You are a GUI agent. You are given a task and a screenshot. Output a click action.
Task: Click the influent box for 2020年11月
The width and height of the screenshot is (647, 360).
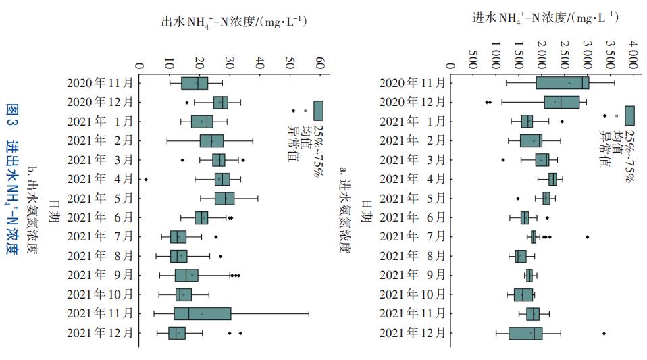click(x=563, y=83)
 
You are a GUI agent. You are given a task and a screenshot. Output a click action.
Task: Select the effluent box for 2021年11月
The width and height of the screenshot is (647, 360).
click(x=203, y=313)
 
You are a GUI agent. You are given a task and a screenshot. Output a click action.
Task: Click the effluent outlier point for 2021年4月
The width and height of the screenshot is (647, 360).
click(x=146, y=179)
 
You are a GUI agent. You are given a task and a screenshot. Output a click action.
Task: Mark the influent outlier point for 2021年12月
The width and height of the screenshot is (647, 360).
click(x=604, y=334)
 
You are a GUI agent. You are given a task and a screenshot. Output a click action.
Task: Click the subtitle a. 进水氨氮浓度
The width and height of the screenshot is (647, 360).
click(x=345, y=209)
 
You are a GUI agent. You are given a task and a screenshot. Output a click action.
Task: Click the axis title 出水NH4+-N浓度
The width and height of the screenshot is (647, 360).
click(x=234, y=22)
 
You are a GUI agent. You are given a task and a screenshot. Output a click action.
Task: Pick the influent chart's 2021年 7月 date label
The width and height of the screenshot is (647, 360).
click(x=413, y=237)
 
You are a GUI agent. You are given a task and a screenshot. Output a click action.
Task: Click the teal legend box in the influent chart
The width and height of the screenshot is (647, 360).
click(x=629, y=115)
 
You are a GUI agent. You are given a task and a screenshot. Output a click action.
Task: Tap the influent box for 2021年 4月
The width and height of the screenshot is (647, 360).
click(x=552, y=179)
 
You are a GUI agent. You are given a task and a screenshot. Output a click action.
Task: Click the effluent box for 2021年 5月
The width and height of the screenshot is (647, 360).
click(x=225, y=198)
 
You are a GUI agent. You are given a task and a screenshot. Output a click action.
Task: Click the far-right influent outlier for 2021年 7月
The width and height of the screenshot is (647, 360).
click(x=588, y=237)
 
